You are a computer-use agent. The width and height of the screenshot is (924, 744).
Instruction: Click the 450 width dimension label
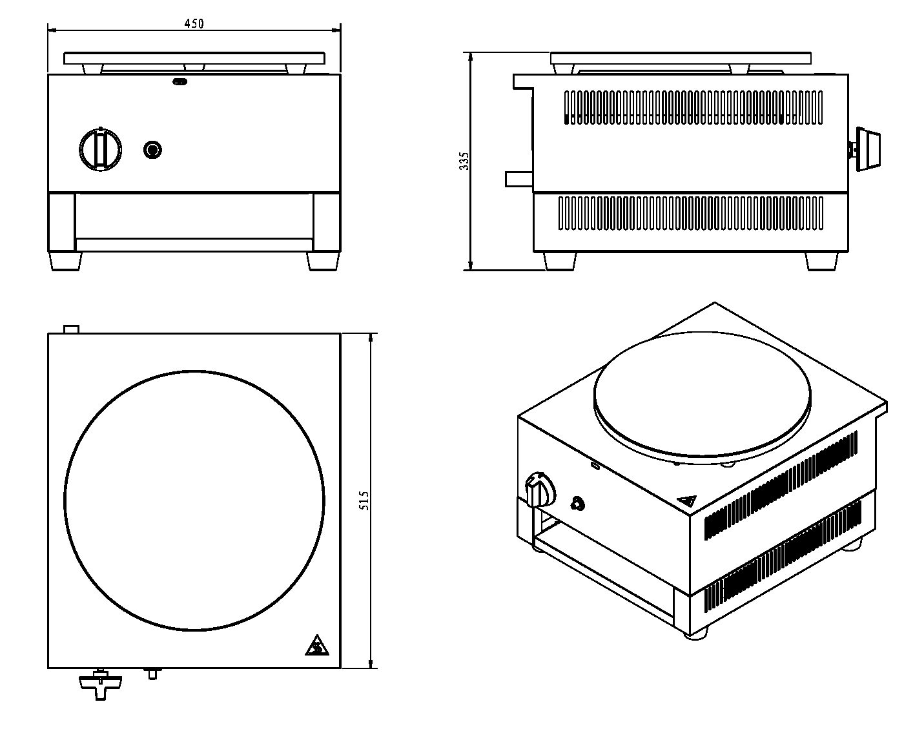tap(194, 23)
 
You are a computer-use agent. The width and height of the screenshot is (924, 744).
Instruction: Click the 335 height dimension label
tap(464, 161)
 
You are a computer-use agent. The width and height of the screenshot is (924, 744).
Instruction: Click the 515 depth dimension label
tap(364, 501)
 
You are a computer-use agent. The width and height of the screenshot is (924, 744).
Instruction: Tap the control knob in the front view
tap(100, 149)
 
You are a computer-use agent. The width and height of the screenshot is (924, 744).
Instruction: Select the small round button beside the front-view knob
tap(153, 150)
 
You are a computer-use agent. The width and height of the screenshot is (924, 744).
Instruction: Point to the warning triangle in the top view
tap(315, 645)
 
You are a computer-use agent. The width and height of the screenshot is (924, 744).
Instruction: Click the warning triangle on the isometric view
tap(687, 501)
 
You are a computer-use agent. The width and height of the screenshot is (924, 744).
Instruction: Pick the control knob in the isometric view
tap(540, 489)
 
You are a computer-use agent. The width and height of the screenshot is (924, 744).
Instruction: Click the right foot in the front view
tap(323, 261)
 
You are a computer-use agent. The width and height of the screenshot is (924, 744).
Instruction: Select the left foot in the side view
tap(559, 261)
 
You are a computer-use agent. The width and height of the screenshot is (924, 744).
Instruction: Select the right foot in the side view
tap(822, 261)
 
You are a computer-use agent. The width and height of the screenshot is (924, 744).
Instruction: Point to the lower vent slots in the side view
tap(690, 213)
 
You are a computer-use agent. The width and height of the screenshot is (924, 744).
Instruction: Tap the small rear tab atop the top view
tap(71, 329)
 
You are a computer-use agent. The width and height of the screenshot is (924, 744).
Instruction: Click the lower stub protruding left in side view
tap(518, 178)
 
